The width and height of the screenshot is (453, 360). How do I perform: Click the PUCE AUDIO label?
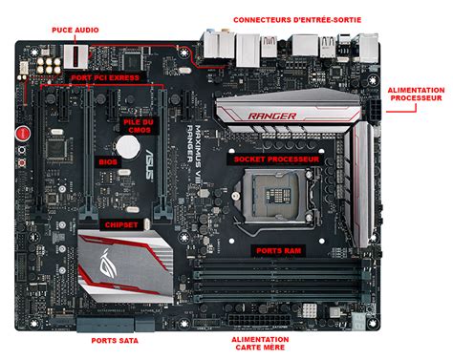click(75, 30)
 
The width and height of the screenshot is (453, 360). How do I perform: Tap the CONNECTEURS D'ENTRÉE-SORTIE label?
click(297, 20)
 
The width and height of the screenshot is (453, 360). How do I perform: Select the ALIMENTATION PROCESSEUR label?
click(416, 95)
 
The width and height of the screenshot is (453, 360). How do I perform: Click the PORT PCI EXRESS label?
click(105, 77)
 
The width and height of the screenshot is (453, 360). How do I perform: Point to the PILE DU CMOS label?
click(139, 126)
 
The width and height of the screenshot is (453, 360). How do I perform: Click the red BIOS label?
click(108, 161)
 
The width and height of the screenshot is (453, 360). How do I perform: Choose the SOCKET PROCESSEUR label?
click(276, 159)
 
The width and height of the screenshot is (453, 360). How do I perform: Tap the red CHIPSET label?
click(121, 225)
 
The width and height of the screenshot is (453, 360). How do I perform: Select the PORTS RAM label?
click(279, 251)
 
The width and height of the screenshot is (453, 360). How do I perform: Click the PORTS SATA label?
click(115, 341)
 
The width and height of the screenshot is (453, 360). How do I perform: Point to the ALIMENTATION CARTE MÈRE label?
click(260, 344)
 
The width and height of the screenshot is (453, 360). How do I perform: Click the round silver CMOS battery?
click(128, 147)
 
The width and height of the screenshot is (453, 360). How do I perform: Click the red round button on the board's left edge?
click(23, 134)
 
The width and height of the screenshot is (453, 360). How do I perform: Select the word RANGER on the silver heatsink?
click(272, 116)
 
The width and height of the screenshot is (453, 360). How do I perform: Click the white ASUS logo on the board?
click(150, 164)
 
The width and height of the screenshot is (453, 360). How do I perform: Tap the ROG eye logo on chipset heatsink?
click(108, 264)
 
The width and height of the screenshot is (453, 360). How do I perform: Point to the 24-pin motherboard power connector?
click(259, 320)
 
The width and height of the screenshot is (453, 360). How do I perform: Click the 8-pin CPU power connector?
click(375, 110)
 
